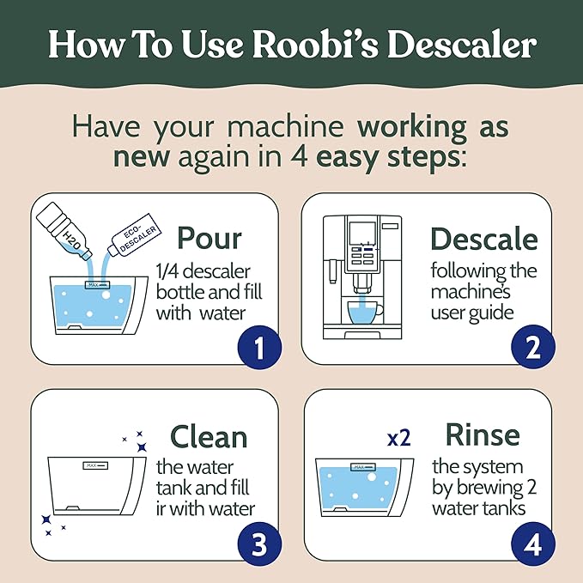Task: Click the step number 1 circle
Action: click(x=256, y=349)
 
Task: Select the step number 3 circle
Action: click(x=256, y=544)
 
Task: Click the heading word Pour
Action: click(x=209, y=239)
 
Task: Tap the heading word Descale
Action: click(x=483, y=239)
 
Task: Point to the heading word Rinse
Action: click(x=482, y=434)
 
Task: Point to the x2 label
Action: click(x=398, y=438)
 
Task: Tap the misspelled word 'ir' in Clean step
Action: click(x=163, y=508)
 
